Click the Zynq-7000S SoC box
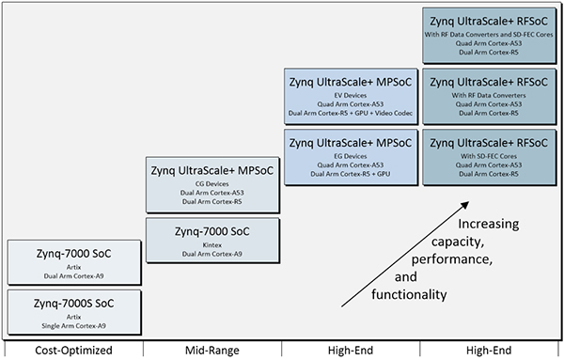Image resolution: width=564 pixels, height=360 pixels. click(73, 311)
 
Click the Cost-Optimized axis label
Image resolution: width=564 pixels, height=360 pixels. click(72, 350)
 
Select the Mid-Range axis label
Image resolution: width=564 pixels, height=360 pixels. click(211, 350)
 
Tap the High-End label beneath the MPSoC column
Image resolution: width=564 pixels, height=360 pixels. click(351, 350)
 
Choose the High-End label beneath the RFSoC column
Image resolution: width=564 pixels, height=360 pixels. click(489, 350)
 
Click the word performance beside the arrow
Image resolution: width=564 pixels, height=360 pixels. click(459, 257)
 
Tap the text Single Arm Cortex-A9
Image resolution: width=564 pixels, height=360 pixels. click(73, 324)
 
